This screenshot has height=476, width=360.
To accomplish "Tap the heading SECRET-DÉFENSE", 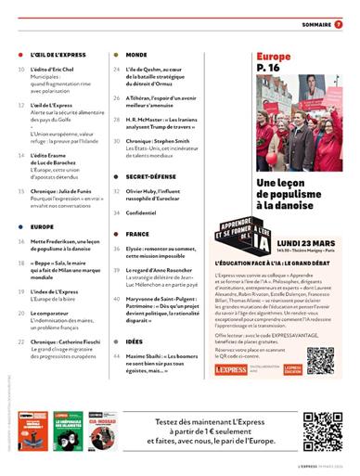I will coord(153,174).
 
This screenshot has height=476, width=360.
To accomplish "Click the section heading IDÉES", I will coord(135,342).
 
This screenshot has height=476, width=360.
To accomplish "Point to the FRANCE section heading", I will coord(137,235).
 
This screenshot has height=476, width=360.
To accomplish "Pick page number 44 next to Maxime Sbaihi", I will coord(117,357).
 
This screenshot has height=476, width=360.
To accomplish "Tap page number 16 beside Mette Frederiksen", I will coord(20,240).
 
